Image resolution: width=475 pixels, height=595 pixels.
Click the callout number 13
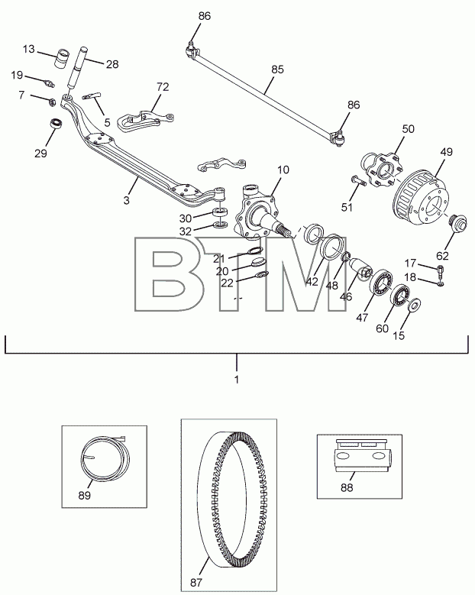pyautogui.click(x=28, y=50)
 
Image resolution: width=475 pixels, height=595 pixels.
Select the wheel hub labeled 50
pyautogui.click(x=380, y=170)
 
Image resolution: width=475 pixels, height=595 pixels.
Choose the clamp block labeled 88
pyautogui.click(x=359, y=456)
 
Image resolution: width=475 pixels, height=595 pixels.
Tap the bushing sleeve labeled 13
pyautogui.click(x=63, y=59)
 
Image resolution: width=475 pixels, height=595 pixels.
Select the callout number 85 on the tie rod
pyautogui.click(x=277, y=70)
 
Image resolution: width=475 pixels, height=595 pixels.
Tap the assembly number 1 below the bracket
pyautogui.click(x=237, y=380)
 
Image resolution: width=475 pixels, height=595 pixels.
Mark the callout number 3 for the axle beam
pyautogui.click(x=126, y=200)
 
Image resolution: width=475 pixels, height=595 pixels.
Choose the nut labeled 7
pyautogui.click(x=53, y=102)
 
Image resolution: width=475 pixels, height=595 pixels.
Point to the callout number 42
pyautogui.click(x=312, y=282)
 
